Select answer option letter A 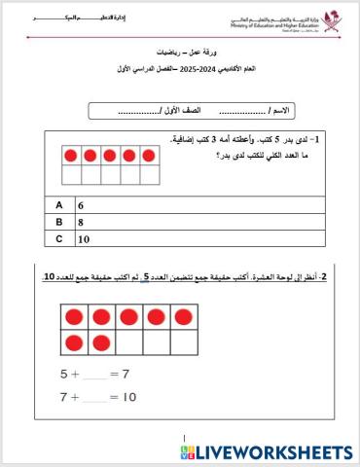[x=59, y=206]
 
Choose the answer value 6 [x=82, y=206]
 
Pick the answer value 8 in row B [x=82, y=222]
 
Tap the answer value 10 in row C [x=84, y=238]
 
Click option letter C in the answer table [x=59, y=238]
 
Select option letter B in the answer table [x=59, y=222]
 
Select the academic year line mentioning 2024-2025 [x=180, y=72]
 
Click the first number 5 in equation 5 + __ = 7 [x=64, y=374]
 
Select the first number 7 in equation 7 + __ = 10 [x=64, y=397]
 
